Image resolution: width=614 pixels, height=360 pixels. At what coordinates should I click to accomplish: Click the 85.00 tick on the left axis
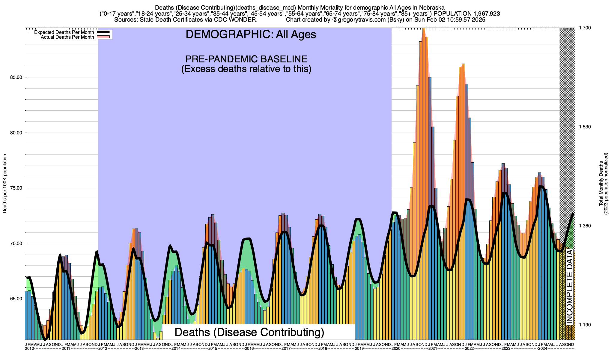click(16, 77)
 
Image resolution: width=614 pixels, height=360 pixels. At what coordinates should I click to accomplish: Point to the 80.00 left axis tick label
click(16, 133)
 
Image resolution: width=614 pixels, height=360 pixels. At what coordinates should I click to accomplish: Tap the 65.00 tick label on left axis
click(16, 299)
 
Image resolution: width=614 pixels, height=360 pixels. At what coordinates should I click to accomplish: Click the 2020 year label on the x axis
click(396, 349)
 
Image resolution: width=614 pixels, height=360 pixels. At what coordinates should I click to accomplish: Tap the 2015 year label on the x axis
click(213, 349)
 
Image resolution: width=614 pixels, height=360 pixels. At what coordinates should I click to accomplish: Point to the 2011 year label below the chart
click(66, 349)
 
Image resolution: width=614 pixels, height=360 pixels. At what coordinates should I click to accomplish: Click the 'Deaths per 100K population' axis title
click(5, 184)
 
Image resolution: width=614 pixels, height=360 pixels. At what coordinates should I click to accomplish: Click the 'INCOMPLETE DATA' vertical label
click(569, 288)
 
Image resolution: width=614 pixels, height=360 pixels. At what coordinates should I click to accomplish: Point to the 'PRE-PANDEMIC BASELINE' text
click(246, 59)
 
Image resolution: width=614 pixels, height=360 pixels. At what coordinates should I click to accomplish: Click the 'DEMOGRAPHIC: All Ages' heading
click(251, 34)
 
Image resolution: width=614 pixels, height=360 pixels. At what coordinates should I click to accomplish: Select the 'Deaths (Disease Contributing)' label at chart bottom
click(249, 332)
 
